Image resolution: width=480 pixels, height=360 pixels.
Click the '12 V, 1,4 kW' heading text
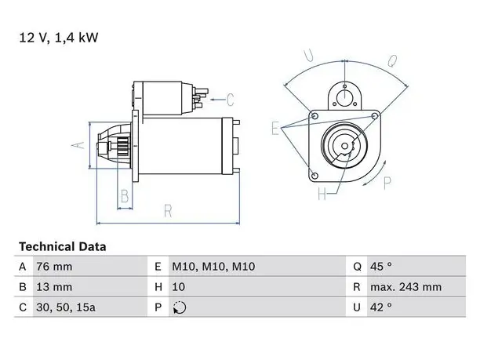click(x=59, y=38)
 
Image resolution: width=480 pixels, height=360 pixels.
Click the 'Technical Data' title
click(x=63, y=247)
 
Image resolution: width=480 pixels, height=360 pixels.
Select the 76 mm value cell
click(x=54, y=267)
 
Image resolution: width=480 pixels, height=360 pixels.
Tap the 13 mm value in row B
click(x=54, y=287)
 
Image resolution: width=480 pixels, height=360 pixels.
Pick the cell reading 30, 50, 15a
click(x=66, y=307)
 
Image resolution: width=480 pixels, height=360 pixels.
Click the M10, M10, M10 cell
click(x=213, y=267)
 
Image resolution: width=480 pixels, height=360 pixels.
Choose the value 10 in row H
click(x=179, y=287)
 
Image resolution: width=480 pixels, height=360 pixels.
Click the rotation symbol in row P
click(x=180, y=307)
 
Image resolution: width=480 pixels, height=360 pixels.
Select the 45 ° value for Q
click(x=381, y=267)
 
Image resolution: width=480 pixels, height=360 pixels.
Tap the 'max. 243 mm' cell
click(x=406, y=287)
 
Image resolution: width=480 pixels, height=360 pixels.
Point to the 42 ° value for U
click(x=381, y=307)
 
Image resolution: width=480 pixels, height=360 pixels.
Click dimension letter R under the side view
click(x=168, y=211)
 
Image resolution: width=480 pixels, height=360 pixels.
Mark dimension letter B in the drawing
click(x=125, y=196)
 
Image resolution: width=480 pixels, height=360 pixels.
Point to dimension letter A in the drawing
click(x=78, y=145)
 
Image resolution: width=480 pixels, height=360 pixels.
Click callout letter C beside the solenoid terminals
click(x=231, y=100)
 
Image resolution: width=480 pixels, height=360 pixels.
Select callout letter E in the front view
click(x=275, y=128)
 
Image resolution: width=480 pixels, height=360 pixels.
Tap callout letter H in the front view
click(x=322, y=194)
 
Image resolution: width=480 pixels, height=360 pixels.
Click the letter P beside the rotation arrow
click(x=387, y=184)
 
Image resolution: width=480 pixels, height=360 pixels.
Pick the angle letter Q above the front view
click(x=392, y=60)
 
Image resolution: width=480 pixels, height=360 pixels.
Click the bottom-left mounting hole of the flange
click(x=315, y=176)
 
